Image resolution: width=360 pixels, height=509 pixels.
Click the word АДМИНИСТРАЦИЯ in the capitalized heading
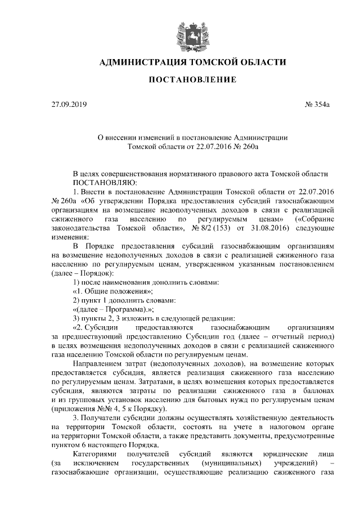click(x=139, y=62)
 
